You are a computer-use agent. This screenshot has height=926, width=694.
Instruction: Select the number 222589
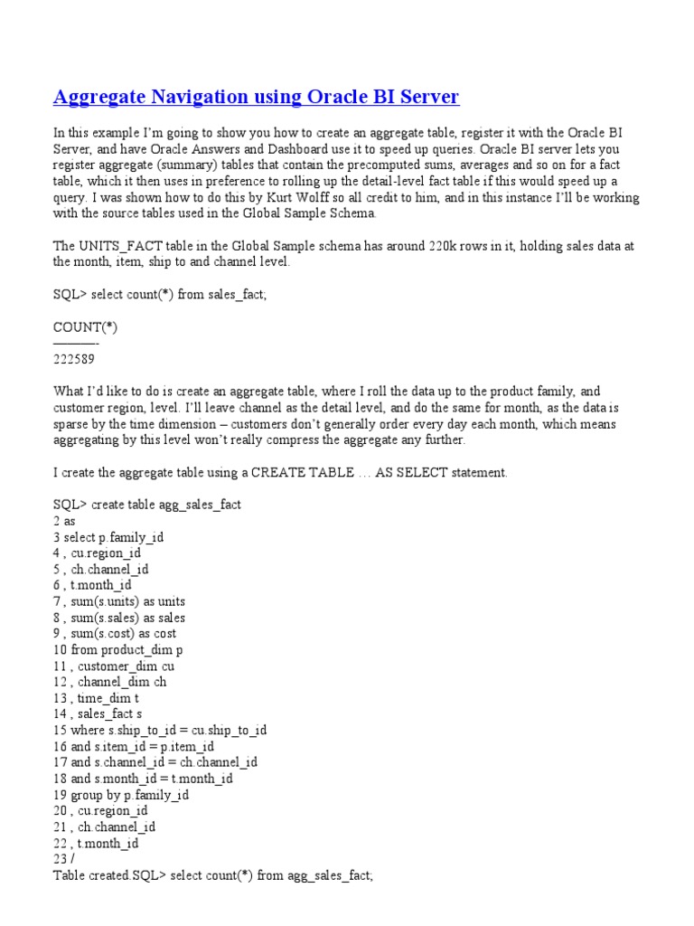click(74, 359)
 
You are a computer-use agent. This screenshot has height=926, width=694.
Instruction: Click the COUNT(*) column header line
click(85, 327)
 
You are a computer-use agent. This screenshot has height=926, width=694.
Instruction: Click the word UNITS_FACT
click(115, 246)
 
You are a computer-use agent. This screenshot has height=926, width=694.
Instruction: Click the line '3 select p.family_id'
click(108, 537)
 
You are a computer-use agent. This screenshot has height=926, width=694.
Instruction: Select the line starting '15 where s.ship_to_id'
click(160, 731)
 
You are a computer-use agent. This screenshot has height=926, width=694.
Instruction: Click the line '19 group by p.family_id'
click(121, 795)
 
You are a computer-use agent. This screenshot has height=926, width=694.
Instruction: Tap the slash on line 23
click(72, 859)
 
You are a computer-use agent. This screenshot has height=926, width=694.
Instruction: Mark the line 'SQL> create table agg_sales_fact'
click(146, 505)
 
